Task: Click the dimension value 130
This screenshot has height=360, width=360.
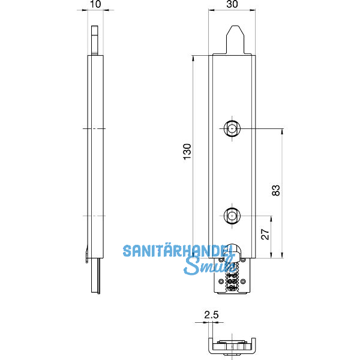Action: click(187, 152)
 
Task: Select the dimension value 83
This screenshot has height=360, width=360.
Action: click(276, 190)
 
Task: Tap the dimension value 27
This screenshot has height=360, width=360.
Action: click(265, 234)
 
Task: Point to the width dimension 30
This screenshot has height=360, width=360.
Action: click(232, 4)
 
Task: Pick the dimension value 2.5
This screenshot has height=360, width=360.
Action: click(211, 314)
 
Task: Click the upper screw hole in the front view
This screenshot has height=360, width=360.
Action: click(232, 128)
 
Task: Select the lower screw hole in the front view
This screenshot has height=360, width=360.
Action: click(232, 215)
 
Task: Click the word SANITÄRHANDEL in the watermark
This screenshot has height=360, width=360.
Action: click(174, 251)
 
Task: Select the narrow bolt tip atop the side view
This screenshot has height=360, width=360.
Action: click(95, 40)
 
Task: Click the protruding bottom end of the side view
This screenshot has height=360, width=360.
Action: click(95, 277)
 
